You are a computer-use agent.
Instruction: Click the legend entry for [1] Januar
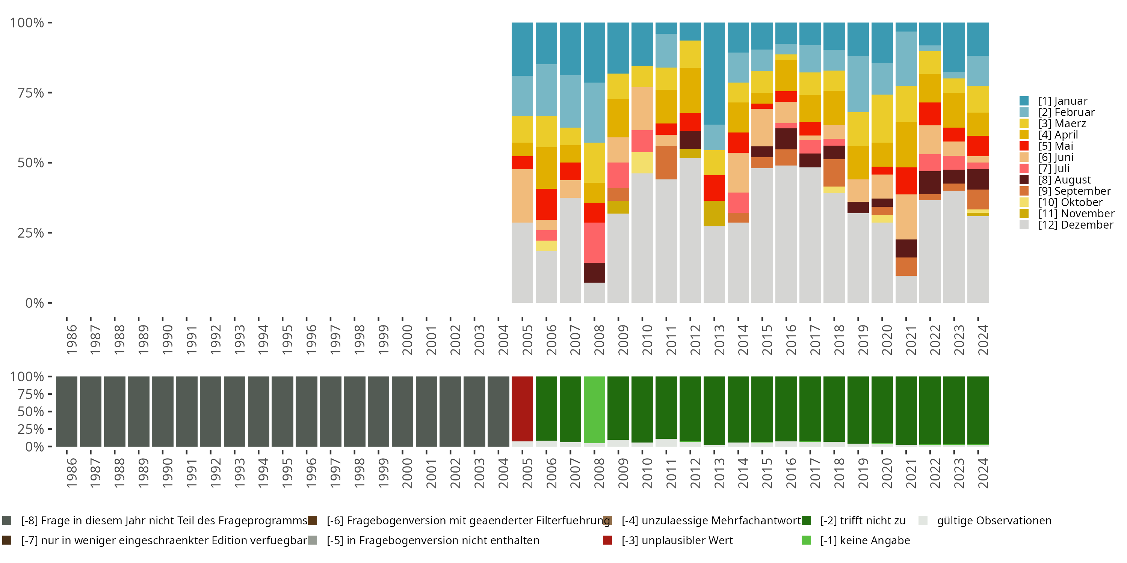tap(1062, 101)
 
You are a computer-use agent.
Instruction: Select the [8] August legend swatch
tap(1024, 180)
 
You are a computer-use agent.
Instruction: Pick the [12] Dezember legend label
tap(1076, 225)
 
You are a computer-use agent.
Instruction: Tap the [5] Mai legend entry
tap(1055, 146)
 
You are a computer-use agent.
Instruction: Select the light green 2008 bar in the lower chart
tap(594, 409)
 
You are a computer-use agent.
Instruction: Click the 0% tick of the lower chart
tap(35, 447)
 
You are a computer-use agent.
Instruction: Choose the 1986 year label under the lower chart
tap(71, 473)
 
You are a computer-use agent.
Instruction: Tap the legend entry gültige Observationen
tap(994, 521)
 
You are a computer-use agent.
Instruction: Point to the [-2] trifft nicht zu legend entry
tap(862, 521)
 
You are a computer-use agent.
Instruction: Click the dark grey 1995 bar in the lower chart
tap(282, 411)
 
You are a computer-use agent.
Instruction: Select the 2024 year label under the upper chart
tap(983, 340)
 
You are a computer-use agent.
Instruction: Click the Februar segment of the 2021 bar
tap(906, 59)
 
